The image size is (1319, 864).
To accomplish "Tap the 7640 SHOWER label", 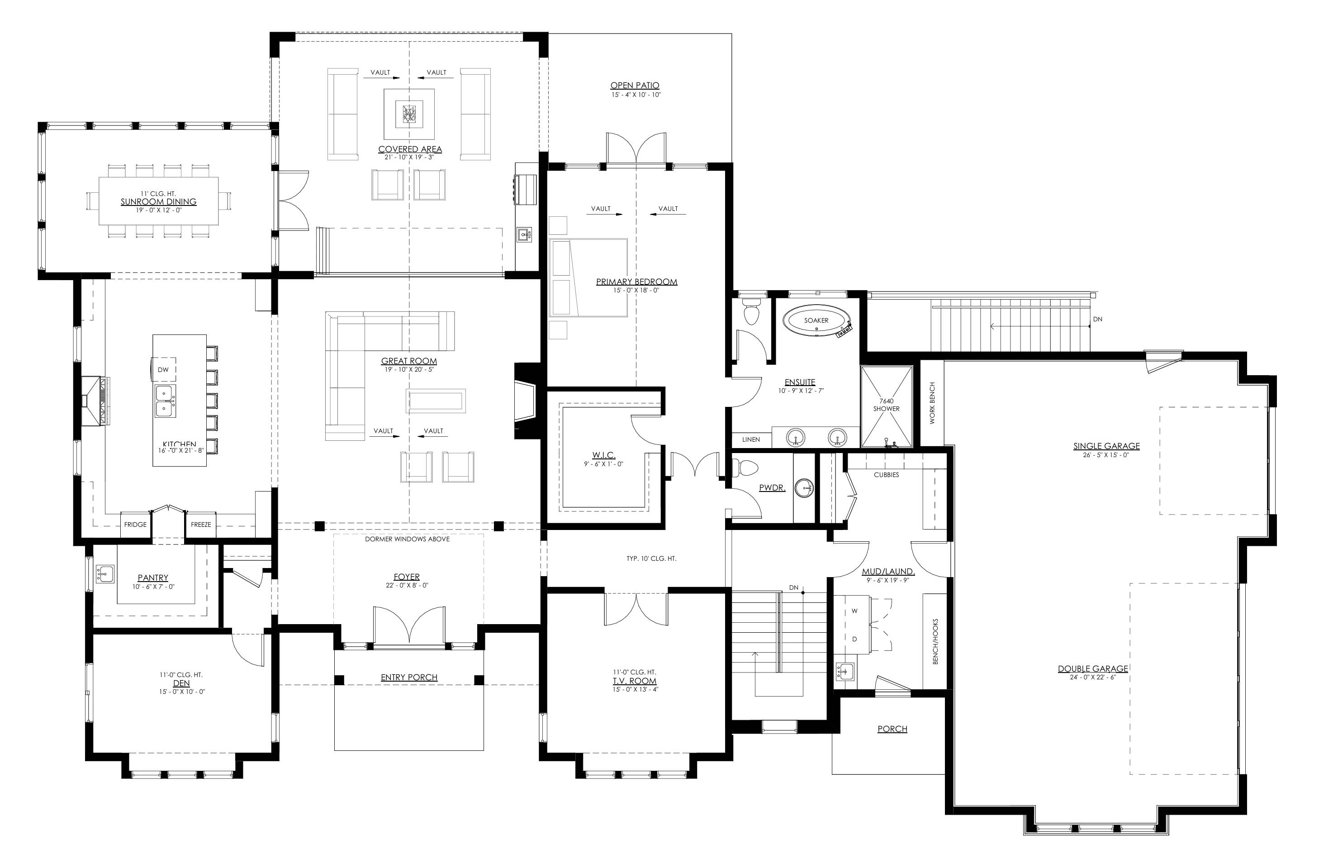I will point(886,405).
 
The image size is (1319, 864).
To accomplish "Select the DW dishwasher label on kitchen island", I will point(163,369).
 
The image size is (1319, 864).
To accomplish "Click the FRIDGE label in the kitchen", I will point(135,524).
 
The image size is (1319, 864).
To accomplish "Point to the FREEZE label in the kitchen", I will point(201,524).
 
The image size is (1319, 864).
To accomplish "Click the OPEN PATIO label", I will point(635,86).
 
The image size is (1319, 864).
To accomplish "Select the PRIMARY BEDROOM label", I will point(636,282).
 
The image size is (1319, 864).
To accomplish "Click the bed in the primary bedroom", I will point(588,278).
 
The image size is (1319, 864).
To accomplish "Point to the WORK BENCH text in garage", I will point(932,403).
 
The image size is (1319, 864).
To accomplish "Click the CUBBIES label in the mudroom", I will point(886,475).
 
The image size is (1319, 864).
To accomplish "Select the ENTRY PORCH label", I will point(409,677).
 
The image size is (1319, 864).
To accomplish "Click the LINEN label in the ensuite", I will point(751,439).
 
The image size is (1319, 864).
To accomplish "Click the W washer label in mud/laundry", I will point(854,611).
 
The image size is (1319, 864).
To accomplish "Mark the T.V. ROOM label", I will point(635,681).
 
